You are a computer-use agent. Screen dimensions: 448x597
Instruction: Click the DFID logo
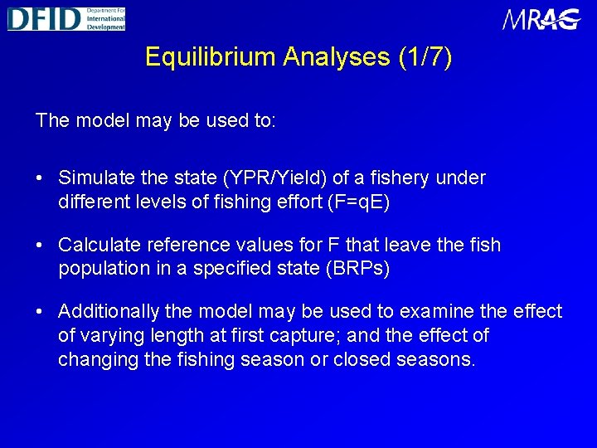pyautogui.click(x=66, y=18)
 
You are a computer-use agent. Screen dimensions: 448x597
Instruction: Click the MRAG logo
pyautogui.click(x=541, y=19)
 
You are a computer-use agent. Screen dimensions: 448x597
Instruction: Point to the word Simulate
pyautogui.click(x=93, y=178)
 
